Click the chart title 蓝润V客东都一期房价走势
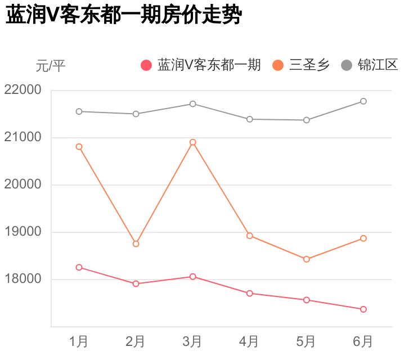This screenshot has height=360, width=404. pos(123,16)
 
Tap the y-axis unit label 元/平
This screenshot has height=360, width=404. pos(51,66)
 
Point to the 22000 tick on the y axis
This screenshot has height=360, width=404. pos(23,90)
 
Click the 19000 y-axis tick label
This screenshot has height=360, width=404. pos(23,232)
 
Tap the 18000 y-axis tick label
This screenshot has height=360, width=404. pos(23,279)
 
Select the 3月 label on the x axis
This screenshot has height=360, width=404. pos(192,341)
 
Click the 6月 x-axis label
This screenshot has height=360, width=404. pos(363,341)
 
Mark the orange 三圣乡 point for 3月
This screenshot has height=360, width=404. pos(192,142)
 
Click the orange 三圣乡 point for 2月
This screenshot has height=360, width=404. pos(136,244)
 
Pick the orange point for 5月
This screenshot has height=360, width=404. pos(307,259)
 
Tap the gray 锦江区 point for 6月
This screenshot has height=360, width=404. pos(363,101)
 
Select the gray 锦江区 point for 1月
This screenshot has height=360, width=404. pos(79,111)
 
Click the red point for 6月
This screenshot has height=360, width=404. pos(363,309)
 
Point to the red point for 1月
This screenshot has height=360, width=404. pos(79,267)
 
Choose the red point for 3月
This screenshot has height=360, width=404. pos(192,277)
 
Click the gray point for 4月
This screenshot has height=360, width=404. pos(249,119)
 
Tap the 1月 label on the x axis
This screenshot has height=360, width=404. pos(79,341)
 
